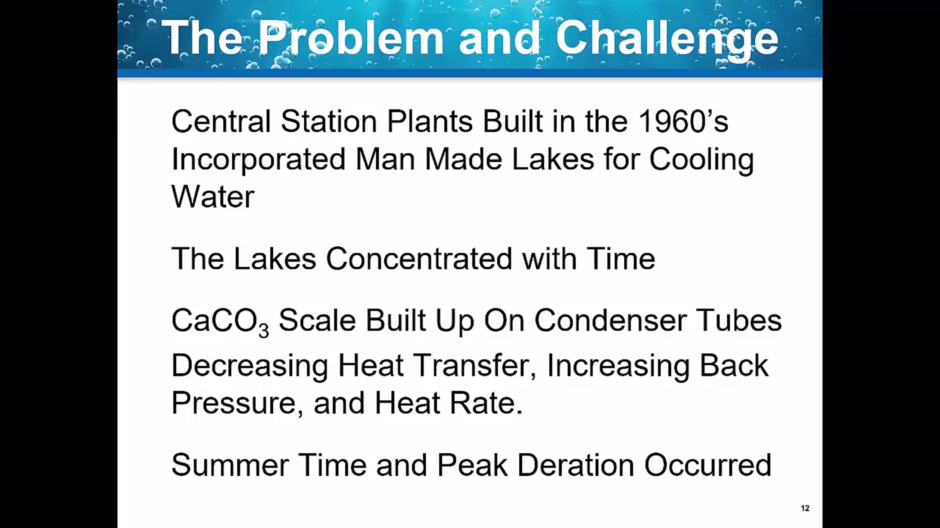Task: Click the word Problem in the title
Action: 351,38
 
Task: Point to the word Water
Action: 213,196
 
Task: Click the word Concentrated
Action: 419,259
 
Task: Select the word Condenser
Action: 611,320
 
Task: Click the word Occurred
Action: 708,465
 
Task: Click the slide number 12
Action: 805,508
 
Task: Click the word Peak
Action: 472,465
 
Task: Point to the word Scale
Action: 317,320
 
